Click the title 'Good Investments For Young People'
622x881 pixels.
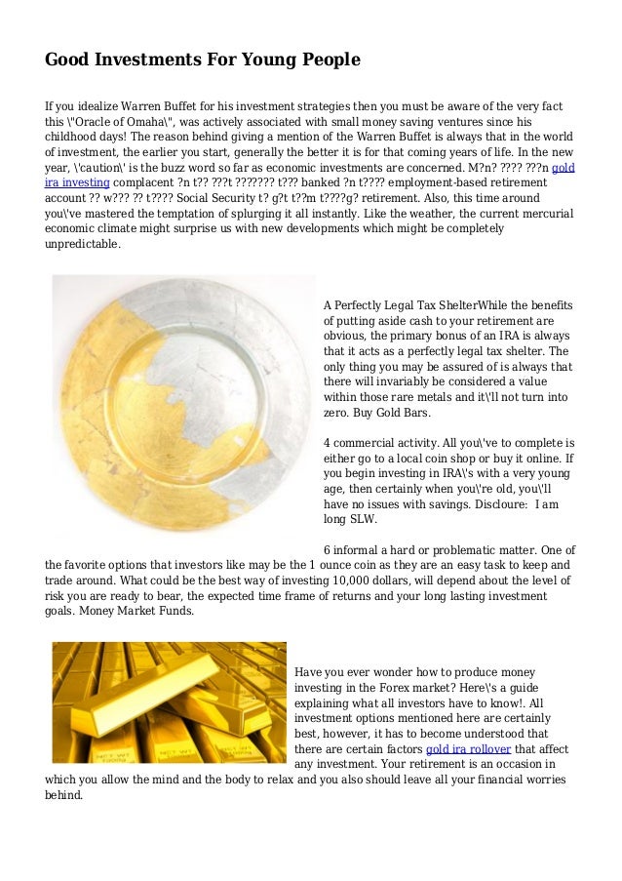click(203, 60)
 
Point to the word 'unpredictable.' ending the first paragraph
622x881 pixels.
click(83, 245)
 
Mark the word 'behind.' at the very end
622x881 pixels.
click(65, 795)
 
